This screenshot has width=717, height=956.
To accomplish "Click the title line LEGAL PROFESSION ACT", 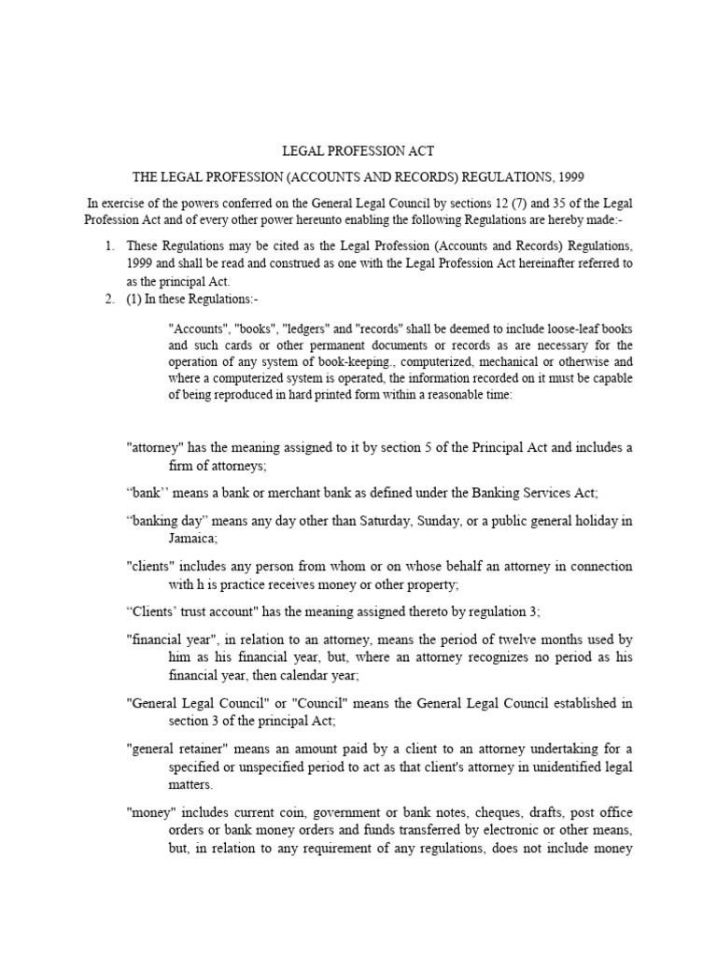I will click(x=358, y=150).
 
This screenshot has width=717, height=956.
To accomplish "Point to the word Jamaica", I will click(x=183, y=539).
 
